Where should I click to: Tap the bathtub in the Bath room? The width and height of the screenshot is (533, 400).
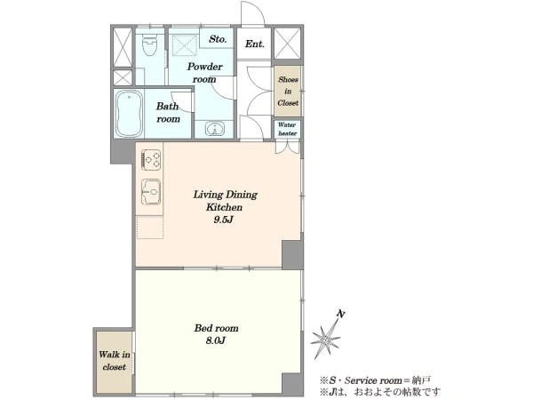click(129, 114)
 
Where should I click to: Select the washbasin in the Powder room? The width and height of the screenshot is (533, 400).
click(214, 129)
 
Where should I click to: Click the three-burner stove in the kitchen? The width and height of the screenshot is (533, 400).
click(151, 159)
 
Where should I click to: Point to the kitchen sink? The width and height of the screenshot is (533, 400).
click(151, 192)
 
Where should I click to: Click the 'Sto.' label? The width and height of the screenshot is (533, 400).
click(218, 39)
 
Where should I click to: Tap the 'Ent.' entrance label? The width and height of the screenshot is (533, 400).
click(255, 44)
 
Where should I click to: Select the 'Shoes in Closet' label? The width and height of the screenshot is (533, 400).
click(288, 92)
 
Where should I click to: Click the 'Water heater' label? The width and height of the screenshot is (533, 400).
click(287, 129)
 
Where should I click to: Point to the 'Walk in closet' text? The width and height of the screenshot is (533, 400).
click(115, 361)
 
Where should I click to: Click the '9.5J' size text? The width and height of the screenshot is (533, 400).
click(223, 220)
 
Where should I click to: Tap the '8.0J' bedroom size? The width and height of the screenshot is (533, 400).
click(216, 340)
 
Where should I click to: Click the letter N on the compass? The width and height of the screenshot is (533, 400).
click(341, 314)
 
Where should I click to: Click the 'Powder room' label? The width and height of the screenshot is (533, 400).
click(204, 73)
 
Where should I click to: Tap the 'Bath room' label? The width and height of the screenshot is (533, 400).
click(168, 113)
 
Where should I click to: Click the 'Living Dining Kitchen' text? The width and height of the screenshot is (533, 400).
click(225, 201)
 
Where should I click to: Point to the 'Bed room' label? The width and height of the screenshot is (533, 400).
click(216, 328)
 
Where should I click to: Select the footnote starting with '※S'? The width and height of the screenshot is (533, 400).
click(375, 380)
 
